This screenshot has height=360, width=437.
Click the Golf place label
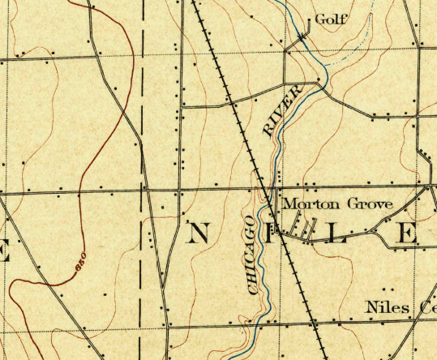point(331,20)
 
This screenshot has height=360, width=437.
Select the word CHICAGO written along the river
point(254,253)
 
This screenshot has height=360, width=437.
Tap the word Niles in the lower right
point(383,309)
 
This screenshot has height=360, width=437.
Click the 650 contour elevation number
point(79,262)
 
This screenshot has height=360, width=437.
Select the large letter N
point(198,234)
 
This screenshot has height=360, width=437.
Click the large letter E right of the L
point(405,234)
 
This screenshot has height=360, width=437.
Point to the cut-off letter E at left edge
point(3,251)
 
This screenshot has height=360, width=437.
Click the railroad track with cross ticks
point(243,138)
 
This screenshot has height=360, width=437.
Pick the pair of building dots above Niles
point(386,289)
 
